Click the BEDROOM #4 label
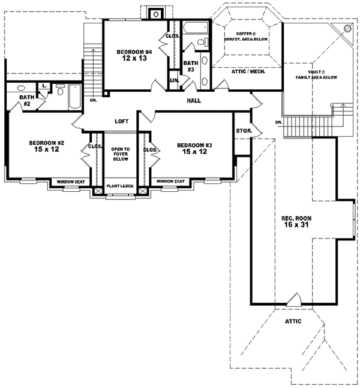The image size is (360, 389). pyautogui.click(x=134, y=53)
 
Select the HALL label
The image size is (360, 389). pyautogui.click(x=193, y=101)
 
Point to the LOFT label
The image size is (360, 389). pyautogui.click(x=122, y=121)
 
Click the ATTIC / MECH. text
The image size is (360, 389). pyautogui.click(x=248, y=71)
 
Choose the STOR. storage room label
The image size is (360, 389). pyautogui.click(x=244, y=130)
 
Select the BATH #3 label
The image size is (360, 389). pyautogui.click(x=191, y=66)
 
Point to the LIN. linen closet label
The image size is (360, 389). pyautogui.click(x=174, y=80)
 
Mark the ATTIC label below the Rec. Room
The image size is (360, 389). pyautogui.click(x=293, y=321)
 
